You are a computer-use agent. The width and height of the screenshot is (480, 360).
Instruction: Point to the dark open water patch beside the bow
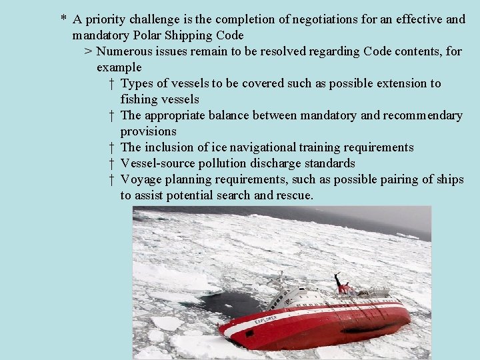pos(226,304)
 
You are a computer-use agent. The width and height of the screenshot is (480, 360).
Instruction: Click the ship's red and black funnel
pos(344,288)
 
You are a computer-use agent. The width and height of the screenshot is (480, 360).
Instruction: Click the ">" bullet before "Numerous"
pos(87,51)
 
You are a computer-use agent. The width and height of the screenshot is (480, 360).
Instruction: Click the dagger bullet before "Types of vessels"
pos(111,83)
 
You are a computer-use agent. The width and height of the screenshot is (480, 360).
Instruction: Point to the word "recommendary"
pos(423,115)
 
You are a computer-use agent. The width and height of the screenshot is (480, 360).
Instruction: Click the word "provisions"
pos(148,131)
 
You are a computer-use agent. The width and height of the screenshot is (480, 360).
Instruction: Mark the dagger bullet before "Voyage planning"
pos(111,179)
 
